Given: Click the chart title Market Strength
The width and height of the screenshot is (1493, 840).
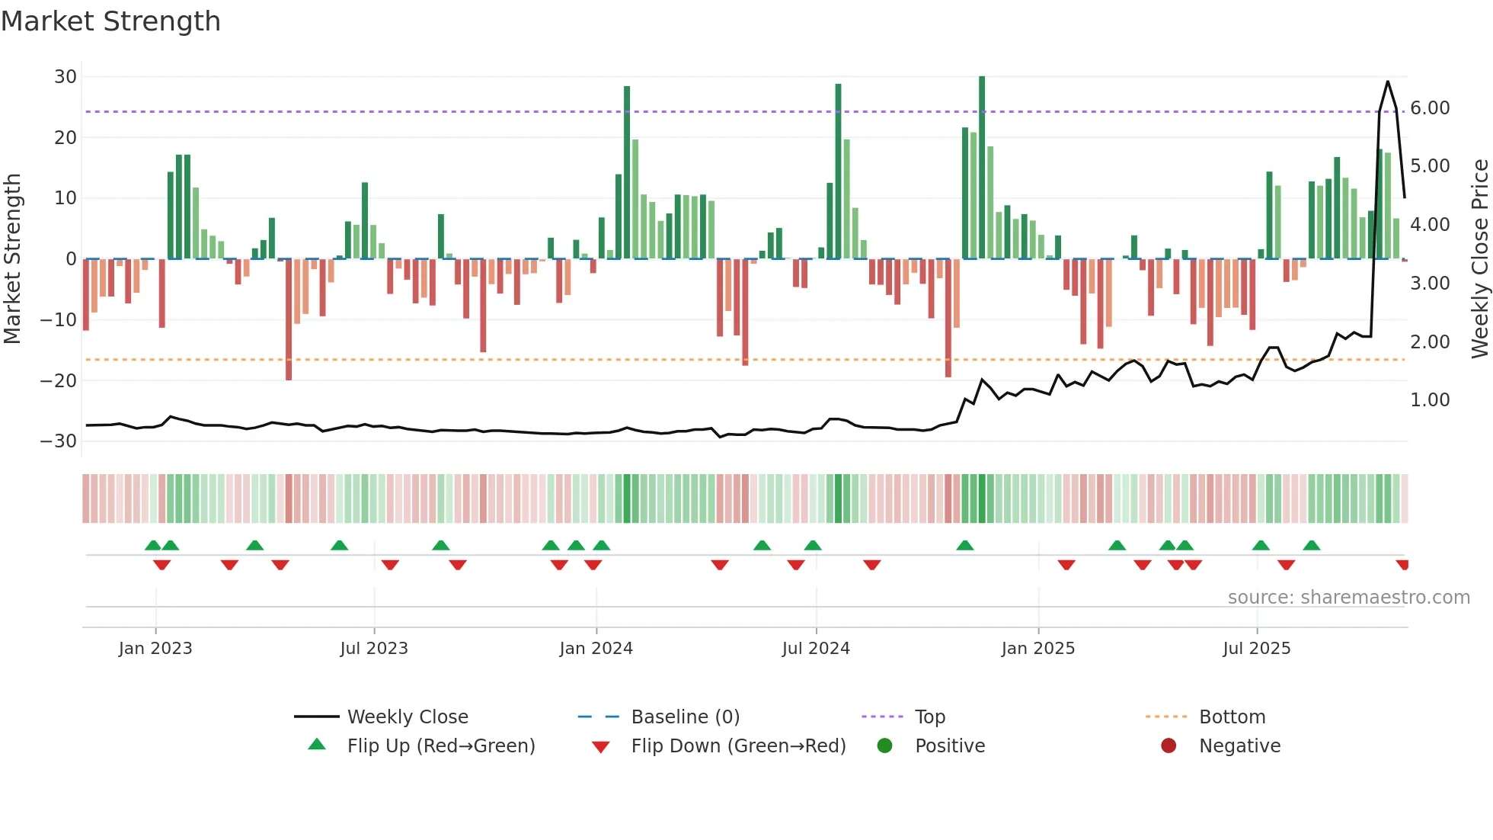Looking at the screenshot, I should pos(110,21).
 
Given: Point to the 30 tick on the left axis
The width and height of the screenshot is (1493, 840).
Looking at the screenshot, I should pos(66,76).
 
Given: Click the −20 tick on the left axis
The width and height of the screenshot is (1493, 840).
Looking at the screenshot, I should pos(59,380).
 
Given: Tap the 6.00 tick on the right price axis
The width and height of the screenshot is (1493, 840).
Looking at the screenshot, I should pos(1430,108).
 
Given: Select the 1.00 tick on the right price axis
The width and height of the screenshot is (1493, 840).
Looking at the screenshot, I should pos(1430,400).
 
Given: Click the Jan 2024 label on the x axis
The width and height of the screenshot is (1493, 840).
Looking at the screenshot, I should pos(596,649).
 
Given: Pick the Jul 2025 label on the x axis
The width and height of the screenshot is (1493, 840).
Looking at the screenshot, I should pos(1256,649).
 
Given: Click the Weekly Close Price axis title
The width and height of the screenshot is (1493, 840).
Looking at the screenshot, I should pos(1479,258).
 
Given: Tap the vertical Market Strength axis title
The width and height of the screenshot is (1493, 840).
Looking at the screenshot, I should pos(12,258).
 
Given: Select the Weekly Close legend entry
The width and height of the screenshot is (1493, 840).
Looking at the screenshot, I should pos(408,717).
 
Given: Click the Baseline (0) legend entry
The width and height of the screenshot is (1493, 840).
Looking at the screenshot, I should pos(685,717).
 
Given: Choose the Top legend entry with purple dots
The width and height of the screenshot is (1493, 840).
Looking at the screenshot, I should pos(929,717).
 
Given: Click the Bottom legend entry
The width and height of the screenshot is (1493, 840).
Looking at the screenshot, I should pos(1232,717).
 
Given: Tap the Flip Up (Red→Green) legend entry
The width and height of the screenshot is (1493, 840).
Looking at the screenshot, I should pos(441,746).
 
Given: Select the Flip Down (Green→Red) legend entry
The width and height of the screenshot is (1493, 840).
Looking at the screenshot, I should pos(738,746).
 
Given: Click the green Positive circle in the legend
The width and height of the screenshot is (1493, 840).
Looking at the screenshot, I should pos(884,745).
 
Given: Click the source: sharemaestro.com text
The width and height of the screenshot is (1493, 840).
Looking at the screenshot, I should pos(1348,598).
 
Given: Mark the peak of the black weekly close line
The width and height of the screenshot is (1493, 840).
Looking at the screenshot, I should pos(1387,82).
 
